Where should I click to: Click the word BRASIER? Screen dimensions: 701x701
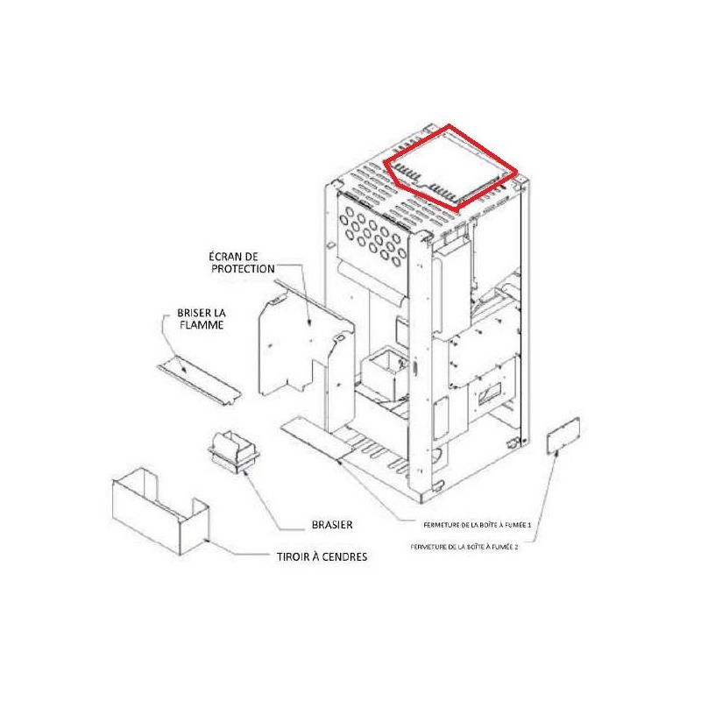[332, 524]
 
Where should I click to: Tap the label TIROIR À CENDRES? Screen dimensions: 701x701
[322, 556]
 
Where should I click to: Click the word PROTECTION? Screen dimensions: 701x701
[243, 269]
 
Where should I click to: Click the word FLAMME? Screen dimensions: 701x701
[202, 324]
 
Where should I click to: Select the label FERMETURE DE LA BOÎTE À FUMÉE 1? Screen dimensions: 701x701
[477, 525]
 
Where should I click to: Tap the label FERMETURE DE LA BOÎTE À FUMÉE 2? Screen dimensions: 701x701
[464, 546]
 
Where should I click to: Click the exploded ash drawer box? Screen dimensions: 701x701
[160, 511]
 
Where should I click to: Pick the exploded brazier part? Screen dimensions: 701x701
[234, 452]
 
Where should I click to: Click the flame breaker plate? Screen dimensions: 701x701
[200, 380]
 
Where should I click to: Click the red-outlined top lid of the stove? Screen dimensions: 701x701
[450, 167]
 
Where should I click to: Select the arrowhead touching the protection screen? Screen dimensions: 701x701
[309, 321]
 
